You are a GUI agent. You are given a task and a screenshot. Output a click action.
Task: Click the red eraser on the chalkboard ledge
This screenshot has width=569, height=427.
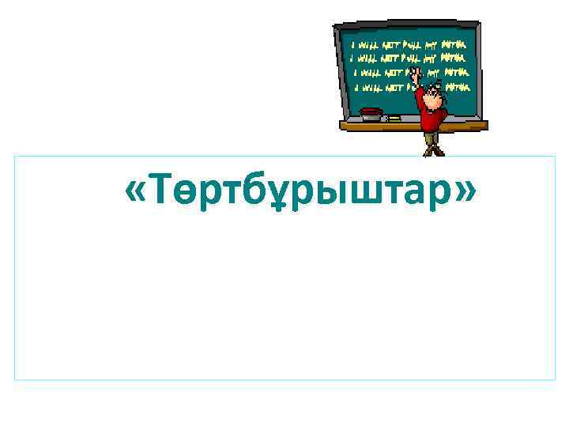pyautogui.click(x=371, y=112)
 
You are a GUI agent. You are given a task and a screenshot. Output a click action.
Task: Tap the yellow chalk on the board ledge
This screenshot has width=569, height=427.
pyautogui.click(x=394, y=118)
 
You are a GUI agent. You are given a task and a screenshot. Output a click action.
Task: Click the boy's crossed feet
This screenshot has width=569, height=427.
pyautogui.click(x=432, y=150)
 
